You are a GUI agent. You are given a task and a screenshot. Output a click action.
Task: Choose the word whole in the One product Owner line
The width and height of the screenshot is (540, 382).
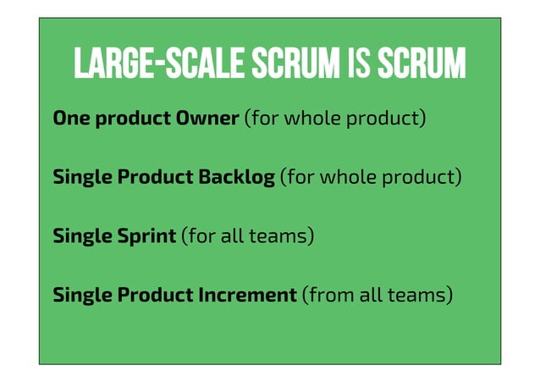[316, 119]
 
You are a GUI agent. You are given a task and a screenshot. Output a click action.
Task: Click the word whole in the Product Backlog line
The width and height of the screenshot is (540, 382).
[351, 178]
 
